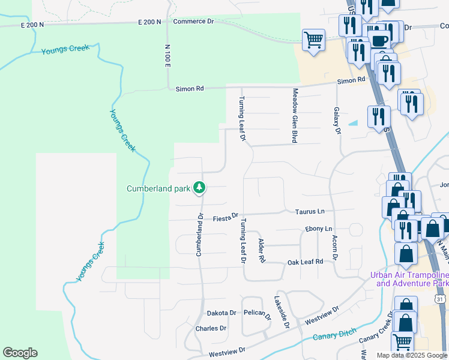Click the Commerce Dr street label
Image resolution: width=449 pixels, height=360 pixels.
[x=193, y=21]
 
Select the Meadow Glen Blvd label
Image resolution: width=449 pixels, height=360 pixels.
[x=295, y=115]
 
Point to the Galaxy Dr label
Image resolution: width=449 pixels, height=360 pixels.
[x=337, y=121]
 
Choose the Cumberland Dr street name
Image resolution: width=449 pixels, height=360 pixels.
[x=200, y=234]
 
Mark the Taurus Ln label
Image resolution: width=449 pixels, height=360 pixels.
[x=309, y=212]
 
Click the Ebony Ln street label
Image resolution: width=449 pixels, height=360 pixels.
[x=318, y=229]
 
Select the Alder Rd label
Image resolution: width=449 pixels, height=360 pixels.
[x=261, y=250]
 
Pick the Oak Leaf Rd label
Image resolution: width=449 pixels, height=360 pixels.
[x=305, y=262]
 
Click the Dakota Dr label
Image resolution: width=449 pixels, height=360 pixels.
[x=221, y=313]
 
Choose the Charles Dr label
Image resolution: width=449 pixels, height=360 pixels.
[x=211, y=329]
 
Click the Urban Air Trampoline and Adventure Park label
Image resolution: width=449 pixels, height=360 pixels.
[x=408, y=279]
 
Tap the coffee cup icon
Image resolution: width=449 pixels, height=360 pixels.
[x=379, y=41]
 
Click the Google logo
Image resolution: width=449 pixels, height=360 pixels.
[x=20, y=353]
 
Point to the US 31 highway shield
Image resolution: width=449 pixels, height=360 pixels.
[x=441, y=298]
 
